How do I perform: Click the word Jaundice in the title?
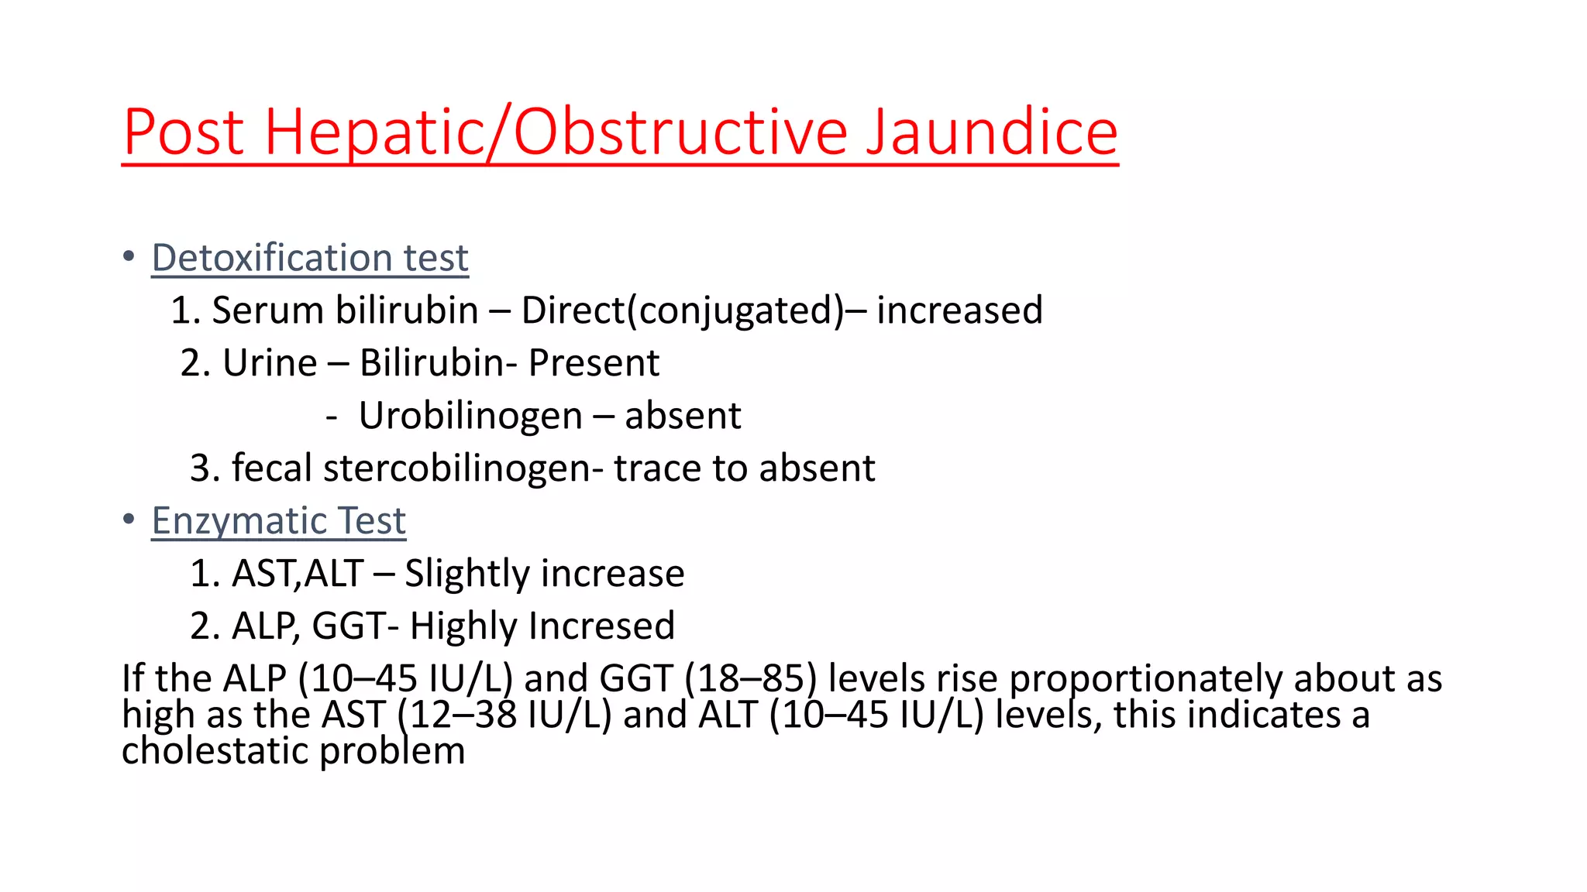point(991,132)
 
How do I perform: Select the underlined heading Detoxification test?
point(310,258)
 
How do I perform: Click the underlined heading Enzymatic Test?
point(278,520)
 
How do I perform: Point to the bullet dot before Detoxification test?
point(129,256)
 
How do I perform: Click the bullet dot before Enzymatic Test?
point(129,519)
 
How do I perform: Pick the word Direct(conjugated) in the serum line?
point(683,310)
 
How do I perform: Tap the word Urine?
point(270,363)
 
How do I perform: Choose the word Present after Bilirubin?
point(594,363)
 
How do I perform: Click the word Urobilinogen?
point(470,416)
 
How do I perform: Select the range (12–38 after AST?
point(456,715)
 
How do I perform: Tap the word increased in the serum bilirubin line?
point(959,310)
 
